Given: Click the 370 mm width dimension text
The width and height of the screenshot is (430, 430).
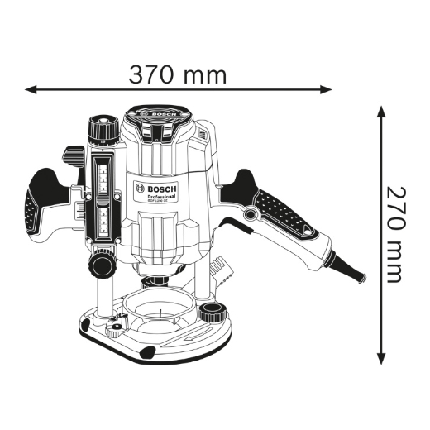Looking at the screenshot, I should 177,74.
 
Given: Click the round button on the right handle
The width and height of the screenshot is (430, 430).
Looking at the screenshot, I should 249,215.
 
